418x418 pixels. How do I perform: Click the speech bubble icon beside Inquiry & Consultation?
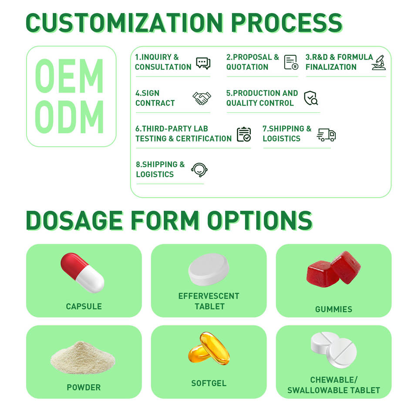pyautogui.click(x=203, y=63)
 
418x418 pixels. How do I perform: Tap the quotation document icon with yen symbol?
pyautogui.click(x=291, y=62)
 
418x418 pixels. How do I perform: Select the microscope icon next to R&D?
pyautogui.click(x=379, y=63)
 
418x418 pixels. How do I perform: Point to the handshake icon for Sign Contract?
pyautogui.click(x=202, y=98)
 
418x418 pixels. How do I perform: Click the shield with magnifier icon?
pyautogui.click(x=311, y=98)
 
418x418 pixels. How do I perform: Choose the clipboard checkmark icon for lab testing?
pyautogui.click(x=244, y=134)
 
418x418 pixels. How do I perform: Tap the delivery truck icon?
pyautogui.click(x=326, y=135)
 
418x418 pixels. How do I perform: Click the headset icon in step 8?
pyautogui.click(x=199, y=170)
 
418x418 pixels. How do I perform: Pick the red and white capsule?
pyautogui.click(x=82, y=273)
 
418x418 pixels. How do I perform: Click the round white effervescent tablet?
pyautogui.click(x=209, y=269)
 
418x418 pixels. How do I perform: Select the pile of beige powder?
pyautogui.click(x=83, y=357)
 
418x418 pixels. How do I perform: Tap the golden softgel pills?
pyautogui.click(x=209, y=348)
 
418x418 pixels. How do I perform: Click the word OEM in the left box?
pyautogui.click(x=69, y=76)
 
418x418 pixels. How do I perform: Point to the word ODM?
pyautogui.click(x=69, y=117)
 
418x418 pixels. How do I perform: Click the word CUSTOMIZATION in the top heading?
pyautogui.click(x=124, y=23)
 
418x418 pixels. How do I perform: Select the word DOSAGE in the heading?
pyautogui.click(x=74, y=220)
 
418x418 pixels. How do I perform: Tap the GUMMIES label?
pyautogui.click(x=334, y=309)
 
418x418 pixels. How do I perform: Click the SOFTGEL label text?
pyautogui.click(x=209, y=383)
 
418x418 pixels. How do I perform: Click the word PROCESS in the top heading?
pyautogui.click(x=287, y=23)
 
